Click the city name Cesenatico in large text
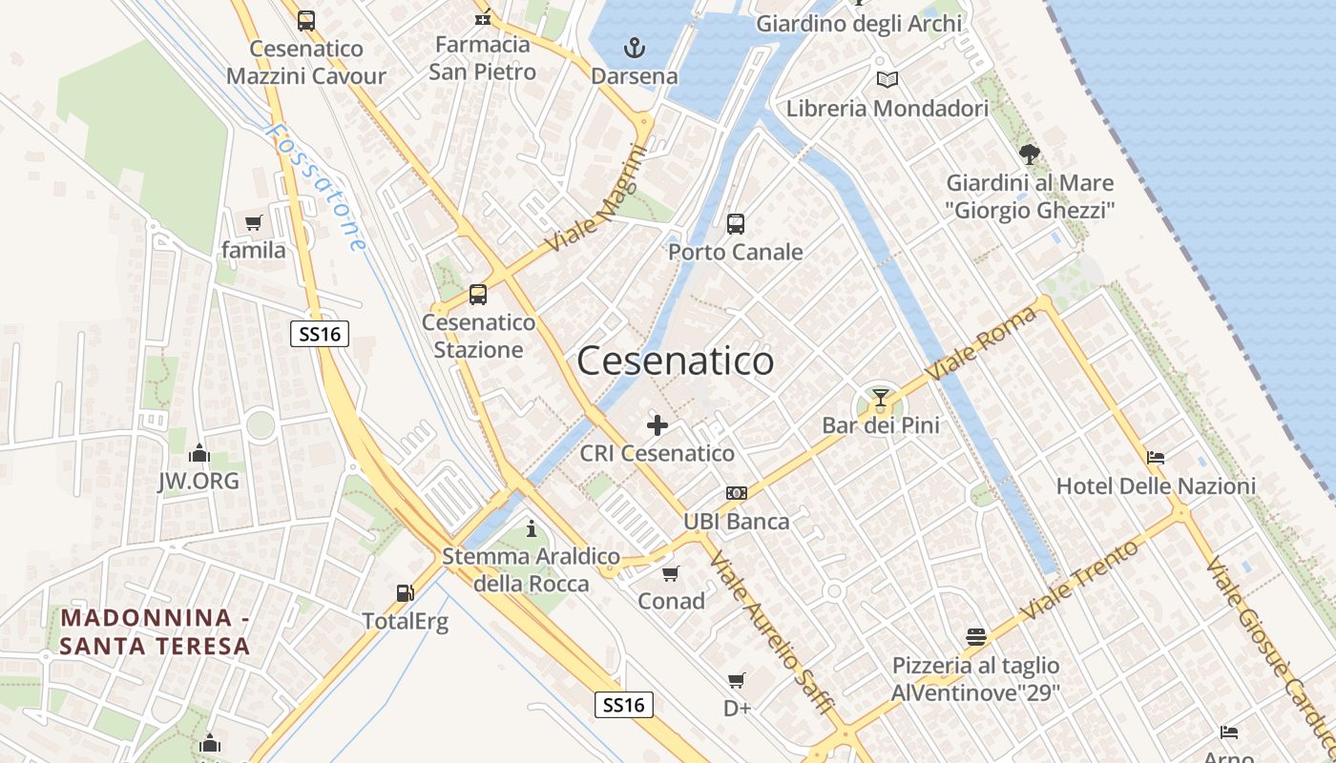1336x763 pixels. (x=676, y=361)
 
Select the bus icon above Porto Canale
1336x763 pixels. (x=735, y=224)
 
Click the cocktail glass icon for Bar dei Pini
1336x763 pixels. (x=880, y=398)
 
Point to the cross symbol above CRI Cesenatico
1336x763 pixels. (x=658, y=425)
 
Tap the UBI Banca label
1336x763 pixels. (x=736, y=522)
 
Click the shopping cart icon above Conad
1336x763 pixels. (x=671, y=573)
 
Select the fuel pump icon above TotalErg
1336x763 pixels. (x=405, y=593)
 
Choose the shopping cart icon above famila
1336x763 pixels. (x=253, y=223)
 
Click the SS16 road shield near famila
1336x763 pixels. (x=319, y=334)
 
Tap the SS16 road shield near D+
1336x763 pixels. (x=624, y=705)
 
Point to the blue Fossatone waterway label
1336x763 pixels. (x=316, y=186)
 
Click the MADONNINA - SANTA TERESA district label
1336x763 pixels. (x=156, y=631)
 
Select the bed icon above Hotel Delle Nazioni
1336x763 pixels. (x=1155, y=458)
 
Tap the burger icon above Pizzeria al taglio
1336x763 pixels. (x=975, y=636)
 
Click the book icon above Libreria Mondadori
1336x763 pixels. (x=887, y=80)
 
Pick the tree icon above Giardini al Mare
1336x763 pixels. (x=1029, y=154)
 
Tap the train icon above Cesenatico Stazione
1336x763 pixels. (x=478, y=295)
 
